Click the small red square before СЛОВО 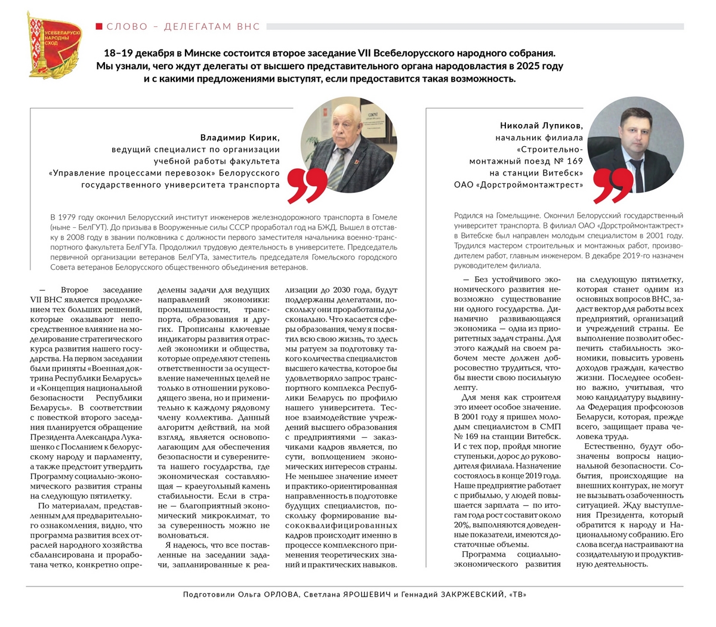[x=99, y=26]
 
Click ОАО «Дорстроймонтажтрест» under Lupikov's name [x=518, y=185]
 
